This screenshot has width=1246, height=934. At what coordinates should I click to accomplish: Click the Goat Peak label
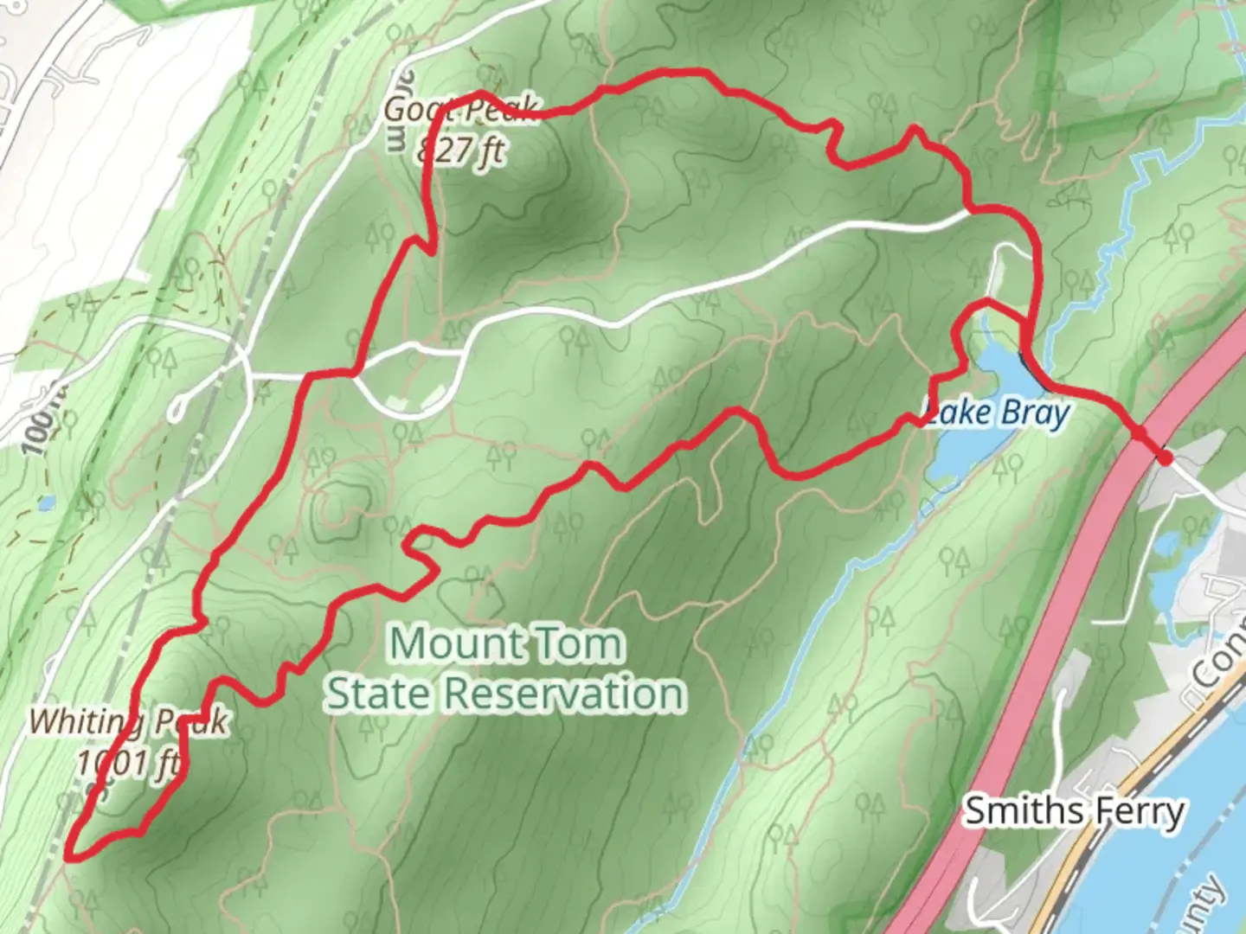pos(461,110)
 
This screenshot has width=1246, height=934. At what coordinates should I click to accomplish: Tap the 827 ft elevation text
pos(460,151)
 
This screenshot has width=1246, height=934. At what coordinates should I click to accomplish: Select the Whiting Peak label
pos(128,721)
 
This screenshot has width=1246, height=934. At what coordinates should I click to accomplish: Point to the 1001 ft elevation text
pos(130,763)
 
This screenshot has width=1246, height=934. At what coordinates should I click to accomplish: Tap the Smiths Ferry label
pos(1074,811)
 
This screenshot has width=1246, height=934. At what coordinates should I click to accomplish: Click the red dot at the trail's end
pos(1165,458)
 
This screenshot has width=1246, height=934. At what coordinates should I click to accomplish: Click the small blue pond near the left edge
pos(46,502)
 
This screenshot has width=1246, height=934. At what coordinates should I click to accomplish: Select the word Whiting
pos(82,721)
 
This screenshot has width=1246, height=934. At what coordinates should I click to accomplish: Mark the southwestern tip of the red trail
pos(69,856)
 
